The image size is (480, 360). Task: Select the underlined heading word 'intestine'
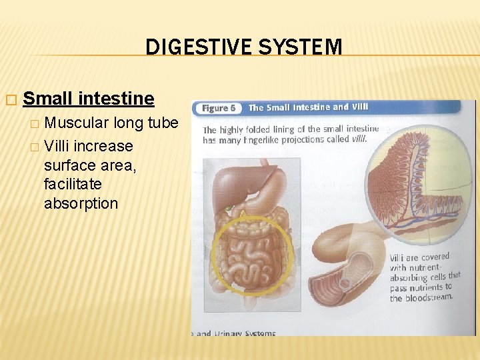[116, 99]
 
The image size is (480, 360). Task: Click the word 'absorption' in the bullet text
[81, 203]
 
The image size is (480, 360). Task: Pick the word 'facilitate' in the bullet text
[73, 184]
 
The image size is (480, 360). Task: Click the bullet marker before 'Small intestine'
[9, 99]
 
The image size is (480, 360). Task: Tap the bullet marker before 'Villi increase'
[35, 147]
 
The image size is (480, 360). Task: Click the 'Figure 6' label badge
[217, 108]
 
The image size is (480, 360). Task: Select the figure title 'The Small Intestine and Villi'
[307, 107]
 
